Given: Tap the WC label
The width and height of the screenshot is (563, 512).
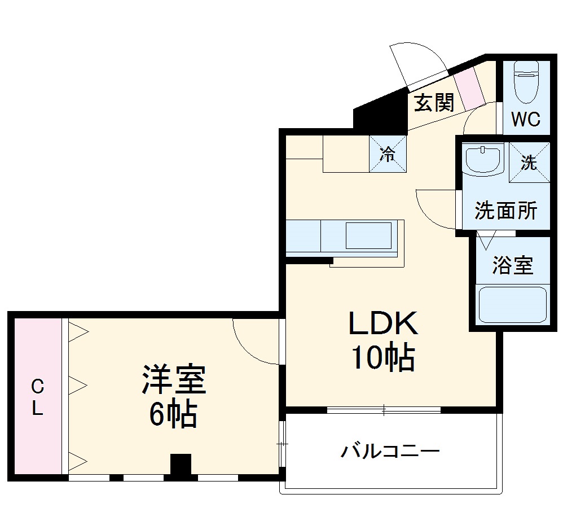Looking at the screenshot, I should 526,119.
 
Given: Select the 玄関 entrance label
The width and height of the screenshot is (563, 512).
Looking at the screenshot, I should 434,103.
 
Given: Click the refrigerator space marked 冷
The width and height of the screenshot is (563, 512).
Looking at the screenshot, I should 388,154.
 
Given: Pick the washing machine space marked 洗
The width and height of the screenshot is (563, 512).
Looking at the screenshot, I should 529,163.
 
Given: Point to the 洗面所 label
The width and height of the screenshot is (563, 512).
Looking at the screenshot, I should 505,211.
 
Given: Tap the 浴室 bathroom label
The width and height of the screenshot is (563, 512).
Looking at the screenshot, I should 512,265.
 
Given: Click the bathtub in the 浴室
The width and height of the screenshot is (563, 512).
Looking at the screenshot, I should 512,305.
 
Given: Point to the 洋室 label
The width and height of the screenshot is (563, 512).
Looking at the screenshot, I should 173,380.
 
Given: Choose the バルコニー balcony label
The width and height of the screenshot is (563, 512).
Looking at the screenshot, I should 390,452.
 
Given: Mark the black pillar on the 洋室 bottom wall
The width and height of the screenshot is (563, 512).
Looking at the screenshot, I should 181,466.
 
